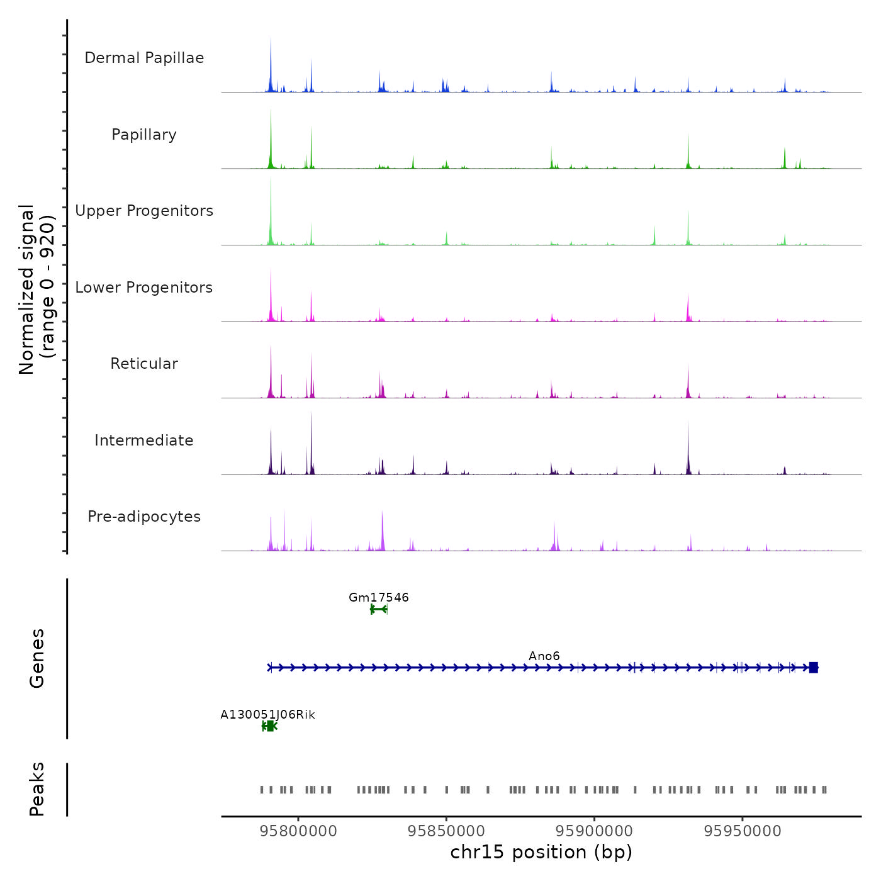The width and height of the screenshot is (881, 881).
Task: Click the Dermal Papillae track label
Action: coord(144,58)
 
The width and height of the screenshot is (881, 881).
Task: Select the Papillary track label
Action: coord(144,135)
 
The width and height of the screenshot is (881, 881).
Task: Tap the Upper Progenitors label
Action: coord(144,211)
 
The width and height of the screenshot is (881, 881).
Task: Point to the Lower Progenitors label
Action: coord(144,288)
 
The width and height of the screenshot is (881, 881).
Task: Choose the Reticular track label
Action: coord(144,364)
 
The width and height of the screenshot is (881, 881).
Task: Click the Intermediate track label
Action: coord(144,441)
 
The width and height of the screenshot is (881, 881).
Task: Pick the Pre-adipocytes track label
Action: coord(144,517)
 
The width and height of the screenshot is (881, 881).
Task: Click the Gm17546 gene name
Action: coord(379,597)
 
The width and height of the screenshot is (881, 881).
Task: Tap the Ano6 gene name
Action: coord(544,656)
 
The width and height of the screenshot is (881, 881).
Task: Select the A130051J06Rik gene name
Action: coord(267,714)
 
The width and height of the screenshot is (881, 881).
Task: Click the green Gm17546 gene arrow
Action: coord(378,609)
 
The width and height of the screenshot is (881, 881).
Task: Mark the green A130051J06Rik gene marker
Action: coord(270,726)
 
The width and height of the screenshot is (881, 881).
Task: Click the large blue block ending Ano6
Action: coord(813,668)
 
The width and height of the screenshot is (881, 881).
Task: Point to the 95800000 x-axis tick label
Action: coord(298,831)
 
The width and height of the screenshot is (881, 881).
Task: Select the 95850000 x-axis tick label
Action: coord(446,831)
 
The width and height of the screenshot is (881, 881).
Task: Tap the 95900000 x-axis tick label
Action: coord(595,831)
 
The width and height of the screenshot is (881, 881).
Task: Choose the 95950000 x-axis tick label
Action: coord(743,831)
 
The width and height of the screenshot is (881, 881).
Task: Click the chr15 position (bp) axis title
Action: coord(541,852)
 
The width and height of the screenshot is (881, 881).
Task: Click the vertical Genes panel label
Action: coord(37,658)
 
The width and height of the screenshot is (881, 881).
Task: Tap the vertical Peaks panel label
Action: coord(37,789)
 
